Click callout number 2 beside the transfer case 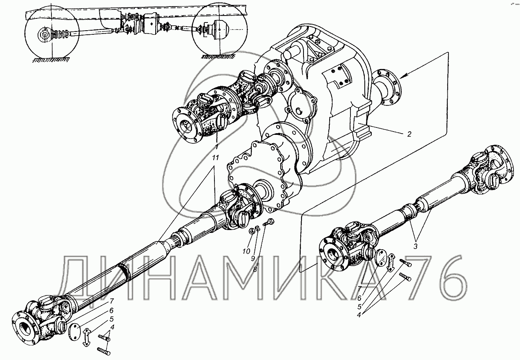409,134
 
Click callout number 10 245,251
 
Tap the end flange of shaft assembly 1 186,125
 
